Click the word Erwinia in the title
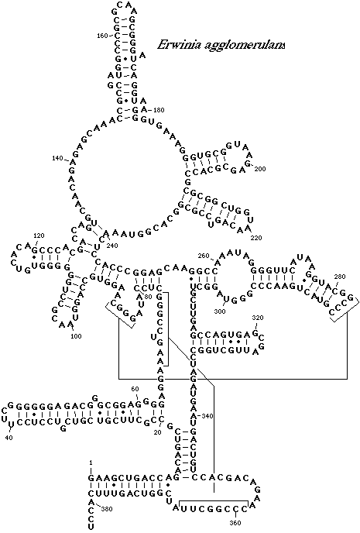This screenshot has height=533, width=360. tap(178, 45)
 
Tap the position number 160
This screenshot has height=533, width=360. tap(102, 36)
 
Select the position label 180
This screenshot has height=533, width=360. tap(159, 110)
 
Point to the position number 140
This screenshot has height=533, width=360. tap(58, 158)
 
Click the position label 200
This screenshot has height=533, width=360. tap(260, 169)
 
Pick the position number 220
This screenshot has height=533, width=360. tap(256, 238)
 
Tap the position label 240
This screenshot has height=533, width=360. tap(112, 245)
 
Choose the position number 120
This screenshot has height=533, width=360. tap(39, 236)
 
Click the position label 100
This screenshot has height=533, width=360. tap(76, 336)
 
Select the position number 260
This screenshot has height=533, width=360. tap(203, 256)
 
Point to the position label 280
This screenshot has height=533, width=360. tap(340, 277)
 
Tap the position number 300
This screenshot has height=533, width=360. tap(221, 311)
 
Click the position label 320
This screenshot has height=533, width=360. tap(258, 318)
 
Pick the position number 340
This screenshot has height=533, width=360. tap(207, 416)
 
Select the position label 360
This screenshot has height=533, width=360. tap(235, 522)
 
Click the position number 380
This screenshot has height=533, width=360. tap(107, 509)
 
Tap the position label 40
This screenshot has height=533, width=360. tap(9, 438)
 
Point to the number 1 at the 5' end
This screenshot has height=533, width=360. tap(91, 463)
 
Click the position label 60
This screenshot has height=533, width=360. tap(135, 389)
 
